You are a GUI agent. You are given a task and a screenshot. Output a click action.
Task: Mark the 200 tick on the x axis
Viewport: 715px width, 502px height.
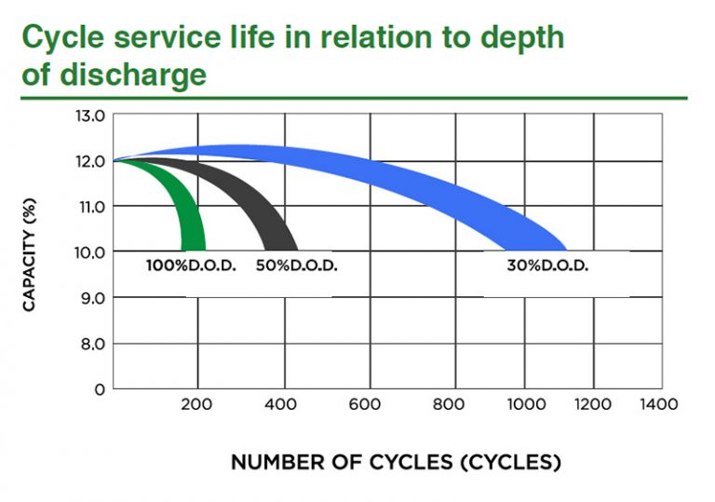(x=196, y=405)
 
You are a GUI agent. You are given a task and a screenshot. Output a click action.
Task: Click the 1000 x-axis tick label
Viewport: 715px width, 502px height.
(x=522, y=405)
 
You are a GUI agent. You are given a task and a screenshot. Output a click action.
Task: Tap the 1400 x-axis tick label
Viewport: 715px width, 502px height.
(x=658, y=405)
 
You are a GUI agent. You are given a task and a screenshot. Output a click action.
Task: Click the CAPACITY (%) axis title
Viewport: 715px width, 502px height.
(x=31, y=252)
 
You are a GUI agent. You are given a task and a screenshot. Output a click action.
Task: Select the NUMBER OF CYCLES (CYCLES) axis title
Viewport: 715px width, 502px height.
(x=396, y=463)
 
